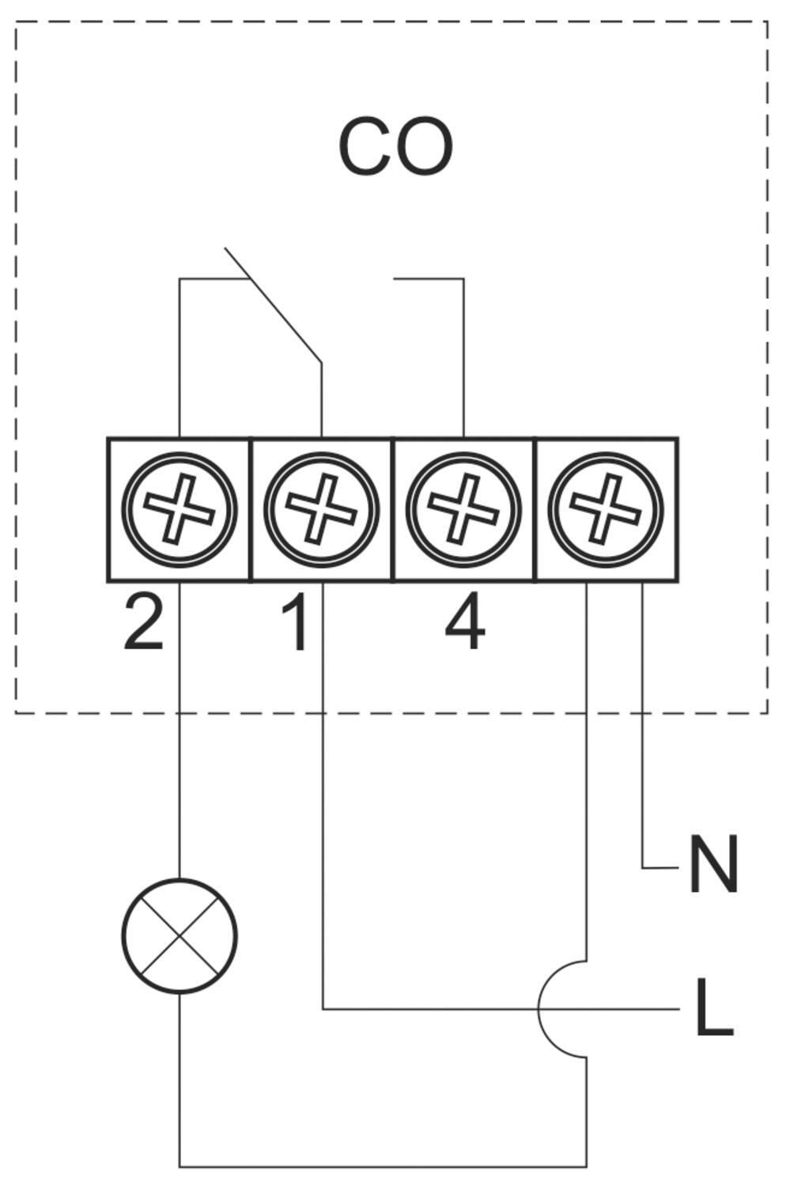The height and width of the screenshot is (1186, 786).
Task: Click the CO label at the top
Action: pyautogui.click(x=395, y=147)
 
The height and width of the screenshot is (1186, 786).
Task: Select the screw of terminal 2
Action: pyautogui.click(x=179, y=510)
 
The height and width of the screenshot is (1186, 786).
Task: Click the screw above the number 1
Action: pyautogui.click(x=321, y=510)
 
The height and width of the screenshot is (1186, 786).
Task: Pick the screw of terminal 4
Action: pyautogui.click(x=463, y=510)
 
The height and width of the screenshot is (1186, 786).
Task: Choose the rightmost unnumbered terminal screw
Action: pyautogui.click(x=606, y=510)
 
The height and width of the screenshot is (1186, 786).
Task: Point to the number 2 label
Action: pyautogui.click(x=143, y=624)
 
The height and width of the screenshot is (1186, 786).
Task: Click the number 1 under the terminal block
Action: pyautogui.click(x=296, y=624)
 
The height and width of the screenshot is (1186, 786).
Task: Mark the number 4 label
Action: pyautogui.click(x=465, y=624)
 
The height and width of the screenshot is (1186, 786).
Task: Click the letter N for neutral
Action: pyautogui.click(x=713, y=865)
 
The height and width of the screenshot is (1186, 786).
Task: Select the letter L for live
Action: pyautogui.click(x=713, y=1008)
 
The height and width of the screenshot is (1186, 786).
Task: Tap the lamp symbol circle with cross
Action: pyautogui.click(x=179, y=935)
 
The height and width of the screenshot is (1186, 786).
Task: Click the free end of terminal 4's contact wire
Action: pyautogui.click(x=395, y=278)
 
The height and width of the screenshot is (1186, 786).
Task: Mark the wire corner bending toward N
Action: pyautogui.click(x=642, y=867)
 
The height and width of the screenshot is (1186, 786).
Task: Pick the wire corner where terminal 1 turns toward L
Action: pyautogui.click(x=323, y=1009)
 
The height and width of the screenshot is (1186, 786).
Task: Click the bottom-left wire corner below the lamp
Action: pyautogui.click(x=179, y=1166)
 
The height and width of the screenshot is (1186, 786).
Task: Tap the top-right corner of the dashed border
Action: pyautogui.click(x=767, y=22)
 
